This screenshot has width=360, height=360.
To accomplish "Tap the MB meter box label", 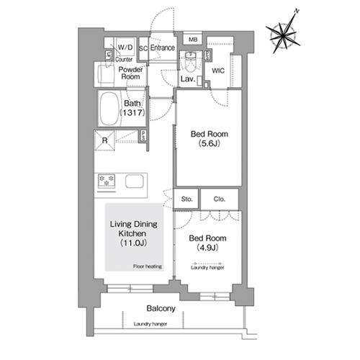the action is click(x=193, y=40).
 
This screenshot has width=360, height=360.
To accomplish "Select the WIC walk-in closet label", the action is click(x=218, y=71).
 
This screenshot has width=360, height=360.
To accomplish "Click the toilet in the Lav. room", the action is click(x=191, y=62).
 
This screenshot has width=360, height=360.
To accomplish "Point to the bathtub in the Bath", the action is click(x=109, y=108).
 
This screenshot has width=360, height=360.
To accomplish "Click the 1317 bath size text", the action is click(x=132, y=112).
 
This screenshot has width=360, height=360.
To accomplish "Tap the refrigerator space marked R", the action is click(x=104, y=140).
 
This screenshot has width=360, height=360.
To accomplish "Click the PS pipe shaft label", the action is click(x=143, y=136).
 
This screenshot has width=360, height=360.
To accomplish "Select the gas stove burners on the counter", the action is click(x=107, y=181).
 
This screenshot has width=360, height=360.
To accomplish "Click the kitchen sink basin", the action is click(x=135, y=181).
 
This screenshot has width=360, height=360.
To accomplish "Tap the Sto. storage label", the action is click(x=186, y=199).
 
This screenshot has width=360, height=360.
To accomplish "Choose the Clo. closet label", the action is click(x=220, y=199).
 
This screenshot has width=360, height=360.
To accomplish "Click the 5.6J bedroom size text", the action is click(x=209, y=143).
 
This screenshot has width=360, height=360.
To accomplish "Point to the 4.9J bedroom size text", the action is click(x=207, y=248).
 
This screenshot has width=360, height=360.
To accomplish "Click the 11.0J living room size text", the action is click(x=133, y=243).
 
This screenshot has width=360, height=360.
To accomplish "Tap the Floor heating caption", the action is click(x=148, y=266).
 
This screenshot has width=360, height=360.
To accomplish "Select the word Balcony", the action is click(x=161, y=308).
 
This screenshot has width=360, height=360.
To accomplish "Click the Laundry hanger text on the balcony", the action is click(x=150, y=324).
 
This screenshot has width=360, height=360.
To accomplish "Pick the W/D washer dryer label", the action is click(x=125, y=48).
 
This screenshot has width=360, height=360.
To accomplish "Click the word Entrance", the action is click(x=163, y=48).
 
